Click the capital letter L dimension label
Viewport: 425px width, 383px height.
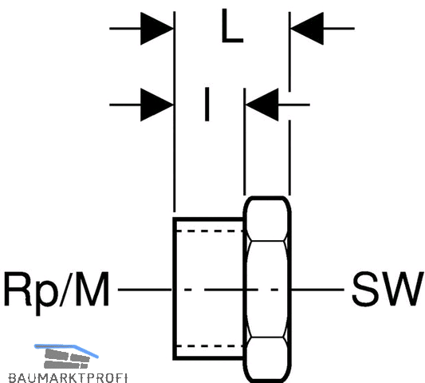point(232,26)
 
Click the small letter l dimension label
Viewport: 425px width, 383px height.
point(207,105)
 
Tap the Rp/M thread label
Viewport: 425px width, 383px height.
point(57,290)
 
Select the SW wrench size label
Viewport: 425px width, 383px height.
point(388,290)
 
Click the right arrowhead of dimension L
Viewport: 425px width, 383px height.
point(307,28)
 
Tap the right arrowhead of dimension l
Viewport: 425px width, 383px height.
point(262,105)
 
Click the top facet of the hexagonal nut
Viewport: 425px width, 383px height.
point(267,219)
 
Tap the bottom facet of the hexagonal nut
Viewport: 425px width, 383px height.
point(267,359)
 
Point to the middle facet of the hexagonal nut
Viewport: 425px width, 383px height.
point(267,289)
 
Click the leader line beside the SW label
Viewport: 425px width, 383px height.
point(317,290)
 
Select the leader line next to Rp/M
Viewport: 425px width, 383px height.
point(145,290)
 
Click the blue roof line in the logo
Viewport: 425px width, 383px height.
point(66,350)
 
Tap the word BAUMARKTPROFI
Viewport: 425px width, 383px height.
point(68,378)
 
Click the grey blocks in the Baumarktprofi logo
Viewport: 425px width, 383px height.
point(67,358)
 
